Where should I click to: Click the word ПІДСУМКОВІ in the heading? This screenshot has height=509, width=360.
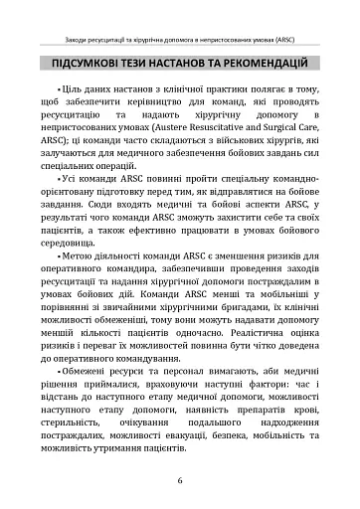pyautogui.click(x=89, y=67)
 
